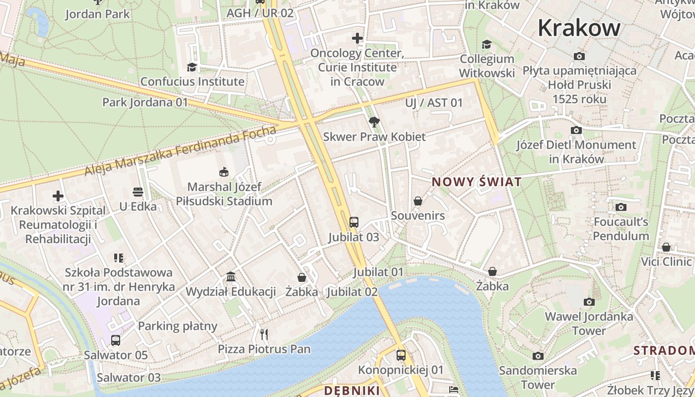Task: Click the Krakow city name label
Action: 579,28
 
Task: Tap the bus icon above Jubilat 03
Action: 354,222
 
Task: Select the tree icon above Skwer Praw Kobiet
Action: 374,122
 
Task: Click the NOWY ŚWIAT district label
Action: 477,182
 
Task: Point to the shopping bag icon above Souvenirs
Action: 418,201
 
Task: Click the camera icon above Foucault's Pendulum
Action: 621,207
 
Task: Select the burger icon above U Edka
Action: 138,192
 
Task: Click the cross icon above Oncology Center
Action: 357,38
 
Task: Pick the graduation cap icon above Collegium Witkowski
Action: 486,44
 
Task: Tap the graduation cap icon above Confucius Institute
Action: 192,67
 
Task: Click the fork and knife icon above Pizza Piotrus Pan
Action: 264,334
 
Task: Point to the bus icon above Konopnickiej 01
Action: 401,355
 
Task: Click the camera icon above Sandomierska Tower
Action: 538,356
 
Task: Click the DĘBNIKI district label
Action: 352,391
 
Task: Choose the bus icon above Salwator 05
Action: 116,340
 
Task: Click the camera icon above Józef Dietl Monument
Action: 576,131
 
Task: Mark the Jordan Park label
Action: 97,14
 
